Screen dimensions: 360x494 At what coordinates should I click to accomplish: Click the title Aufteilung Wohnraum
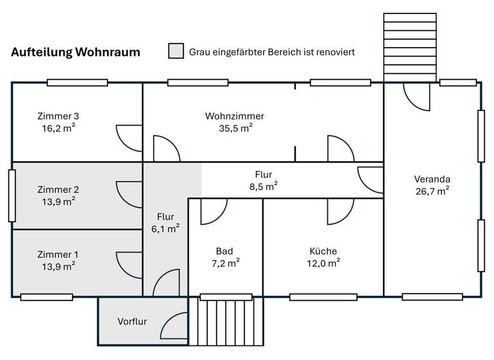pos(75,53)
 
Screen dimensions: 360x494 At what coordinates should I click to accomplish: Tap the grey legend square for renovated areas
pos(176,51)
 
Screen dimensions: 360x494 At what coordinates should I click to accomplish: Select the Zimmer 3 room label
pos(58,116)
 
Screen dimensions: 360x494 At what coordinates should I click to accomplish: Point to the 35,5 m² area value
pos(235,127)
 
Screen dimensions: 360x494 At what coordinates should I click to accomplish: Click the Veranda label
pos(432,179)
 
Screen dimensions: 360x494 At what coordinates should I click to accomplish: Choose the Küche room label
pos(323,251)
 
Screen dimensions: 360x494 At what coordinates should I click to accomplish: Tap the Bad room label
pos(224,251)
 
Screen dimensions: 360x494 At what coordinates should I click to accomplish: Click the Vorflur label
pos(133,321)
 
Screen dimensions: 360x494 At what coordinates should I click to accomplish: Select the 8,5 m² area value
pos(264,186)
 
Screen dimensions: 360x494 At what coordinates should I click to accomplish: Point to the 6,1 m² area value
pos(165,228)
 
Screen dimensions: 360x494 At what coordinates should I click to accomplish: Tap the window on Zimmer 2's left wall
pos(12,195)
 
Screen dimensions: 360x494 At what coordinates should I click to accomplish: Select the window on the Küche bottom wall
pos(323,297)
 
